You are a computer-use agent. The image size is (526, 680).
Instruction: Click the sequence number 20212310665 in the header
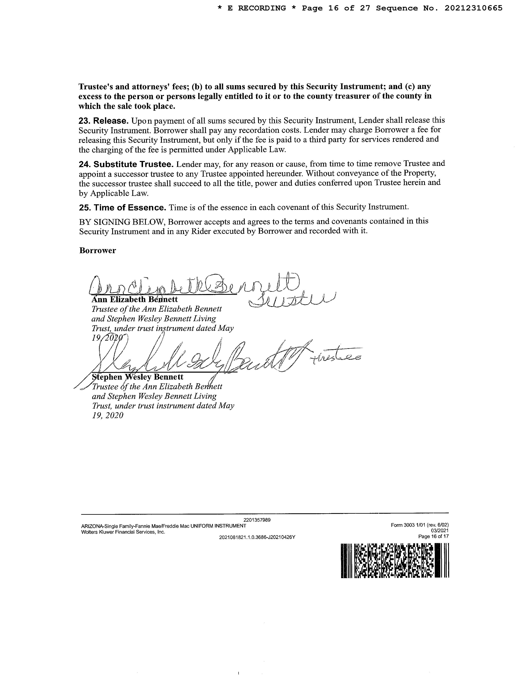pyautogui.click(x=473, y=8)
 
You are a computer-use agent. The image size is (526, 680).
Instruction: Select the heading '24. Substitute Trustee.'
pyautogui.click(x=126, y=164)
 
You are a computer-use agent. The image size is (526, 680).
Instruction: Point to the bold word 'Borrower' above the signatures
pyautogui.click(x=98, y=251)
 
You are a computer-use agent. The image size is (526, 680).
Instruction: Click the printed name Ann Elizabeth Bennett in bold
pyautogui.click(x=135, y=300)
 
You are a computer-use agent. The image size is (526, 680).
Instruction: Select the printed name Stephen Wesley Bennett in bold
pyautogui.click(x=138, y=377)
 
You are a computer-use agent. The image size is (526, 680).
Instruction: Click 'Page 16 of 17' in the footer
pyautogui.click(x=433, y=536)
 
